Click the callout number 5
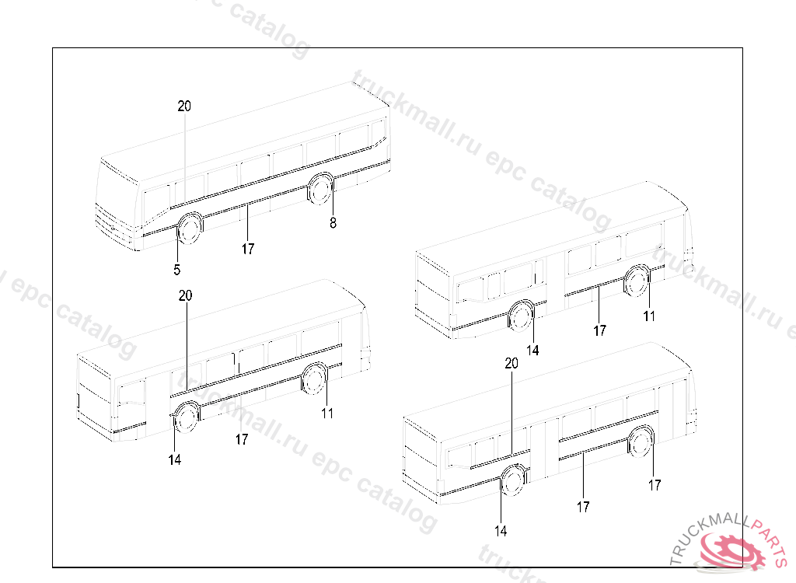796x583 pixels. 176,270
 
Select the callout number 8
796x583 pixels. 333,223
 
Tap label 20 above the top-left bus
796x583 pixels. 184,106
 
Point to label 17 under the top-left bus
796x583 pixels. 248,249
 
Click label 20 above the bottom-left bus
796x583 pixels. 185,295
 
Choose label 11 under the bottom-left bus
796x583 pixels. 327,414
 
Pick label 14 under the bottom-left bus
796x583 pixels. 175,459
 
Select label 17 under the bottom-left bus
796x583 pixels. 242,439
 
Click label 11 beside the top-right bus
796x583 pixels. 649,316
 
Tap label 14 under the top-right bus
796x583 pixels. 532,351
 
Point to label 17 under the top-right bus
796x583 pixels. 599,330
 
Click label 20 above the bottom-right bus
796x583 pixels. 511,363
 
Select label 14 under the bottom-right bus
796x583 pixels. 501,531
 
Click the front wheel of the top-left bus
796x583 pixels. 190,228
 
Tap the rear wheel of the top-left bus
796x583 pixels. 320,188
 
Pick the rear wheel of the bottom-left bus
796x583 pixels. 314,379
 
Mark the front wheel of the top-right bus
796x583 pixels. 522,316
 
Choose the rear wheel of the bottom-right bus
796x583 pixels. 641,442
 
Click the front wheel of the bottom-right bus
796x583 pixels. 513,480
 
